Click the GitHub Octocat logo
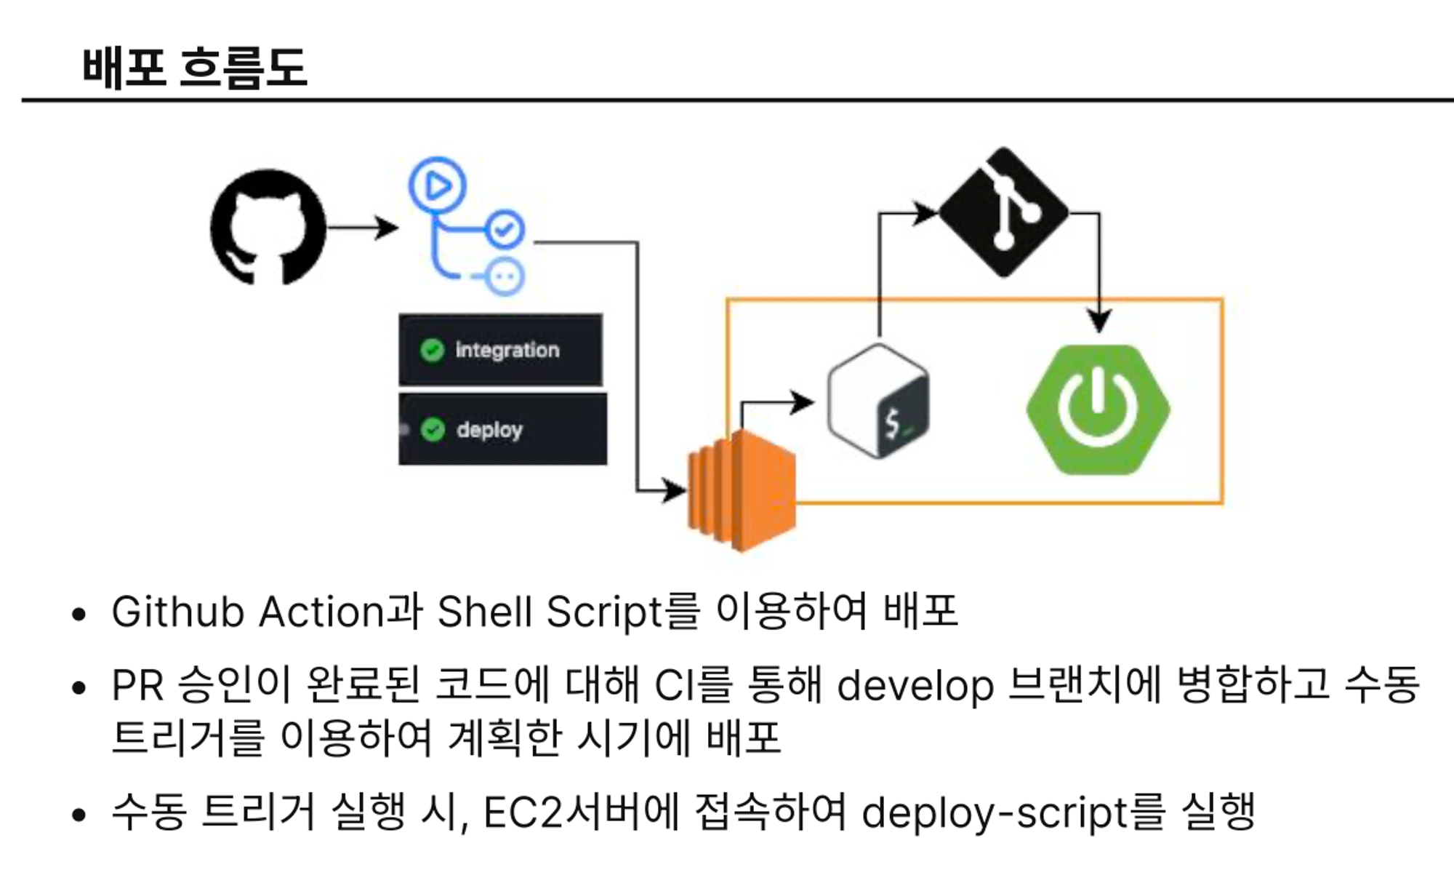[268, 227]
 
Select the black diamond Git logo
[1004, 212]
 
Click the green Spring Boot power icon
[1098, 409]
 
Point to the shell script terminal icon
[879, 401]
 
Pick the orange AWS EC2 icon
[742, 490]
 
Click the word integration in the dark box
[507, 351]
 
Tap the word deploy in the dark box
[489, 430]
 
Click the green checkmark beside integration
[432, 351]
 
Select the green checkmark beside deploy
[433, 430]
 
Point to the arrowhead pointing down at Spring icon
[1098, 320]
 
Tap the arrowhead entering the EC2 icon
[675, 490]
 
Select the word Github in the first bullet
[177, 612]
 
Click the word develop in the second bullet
[915, 686]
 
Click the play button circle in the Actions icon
[437, 186]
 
